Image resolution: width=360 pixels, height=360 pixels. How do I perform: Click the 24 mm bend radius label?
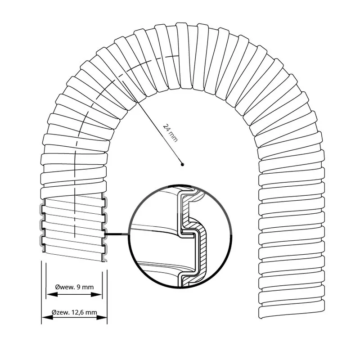(171, 133)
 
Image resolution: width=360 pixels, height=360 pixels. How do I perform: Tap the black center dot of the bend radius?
(182, 164)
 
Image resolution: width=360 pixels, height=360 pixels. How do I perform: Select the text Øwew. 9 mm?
(74, 287)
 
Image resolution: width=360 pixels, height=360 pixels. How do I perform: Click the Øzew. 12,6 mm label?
(74, 312)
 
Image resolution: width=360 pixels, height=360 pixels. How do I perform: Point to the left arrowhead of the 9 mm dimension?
(52, 294)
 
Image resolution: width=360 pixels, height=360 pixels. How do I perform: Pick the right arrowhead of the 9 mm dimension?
(96, 294)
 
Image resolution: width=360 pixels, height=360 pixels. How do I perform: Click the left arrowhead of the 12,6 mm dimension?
(47, 317)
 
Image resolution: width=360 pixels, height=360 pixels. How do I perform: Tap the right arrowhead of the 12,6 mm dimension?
(102, 317)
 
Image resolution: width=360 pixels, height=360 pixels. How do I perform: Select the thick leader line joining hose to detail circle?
(117, 234)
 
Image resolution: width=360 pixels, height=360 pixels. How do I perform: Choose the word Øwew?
(65, 287)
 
